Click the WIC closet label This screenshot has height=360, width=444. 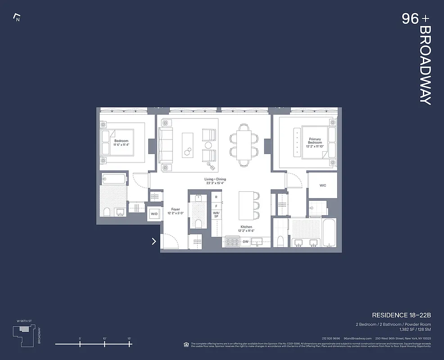322,185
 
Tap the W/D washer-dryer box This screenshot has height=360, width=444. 154,214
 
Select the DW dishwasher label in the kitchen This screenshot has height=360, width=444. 245,242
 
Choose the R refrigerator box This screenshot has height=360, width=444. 216,197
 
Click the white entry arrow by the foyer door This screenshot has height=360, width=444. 154,241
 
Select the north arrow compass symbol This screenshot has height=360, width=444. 17,18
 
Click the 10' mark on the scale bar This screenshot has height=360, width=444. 104,344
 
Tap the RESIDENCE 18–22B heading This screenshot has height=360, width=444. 401,315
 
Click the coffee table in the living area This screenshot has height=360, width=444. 188,145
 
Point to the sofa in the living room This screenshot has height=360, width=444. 165,145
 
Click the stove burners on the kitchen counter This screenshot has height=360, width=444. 233,242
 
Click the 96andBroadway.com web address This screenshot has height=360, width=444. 358,338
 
